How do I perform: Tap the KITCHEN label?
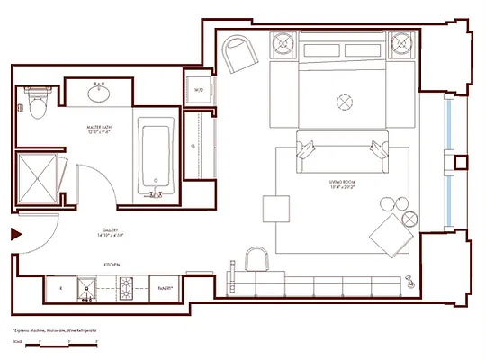coord(112,265)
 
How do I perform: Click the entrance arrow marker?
coord(15,235)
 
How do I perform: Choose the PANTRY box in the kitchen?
coord(165,289)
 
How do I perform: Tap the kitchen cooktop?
coord(126,289)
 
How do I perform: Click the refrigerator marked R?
coord(61,289)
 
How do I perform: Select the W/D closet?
coord(197,89)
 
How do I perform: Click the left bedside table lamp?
coord(285,44)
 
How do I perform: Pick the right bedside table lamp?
coord(400,44)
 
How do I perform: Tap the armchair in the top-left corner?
coord(241,55)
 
